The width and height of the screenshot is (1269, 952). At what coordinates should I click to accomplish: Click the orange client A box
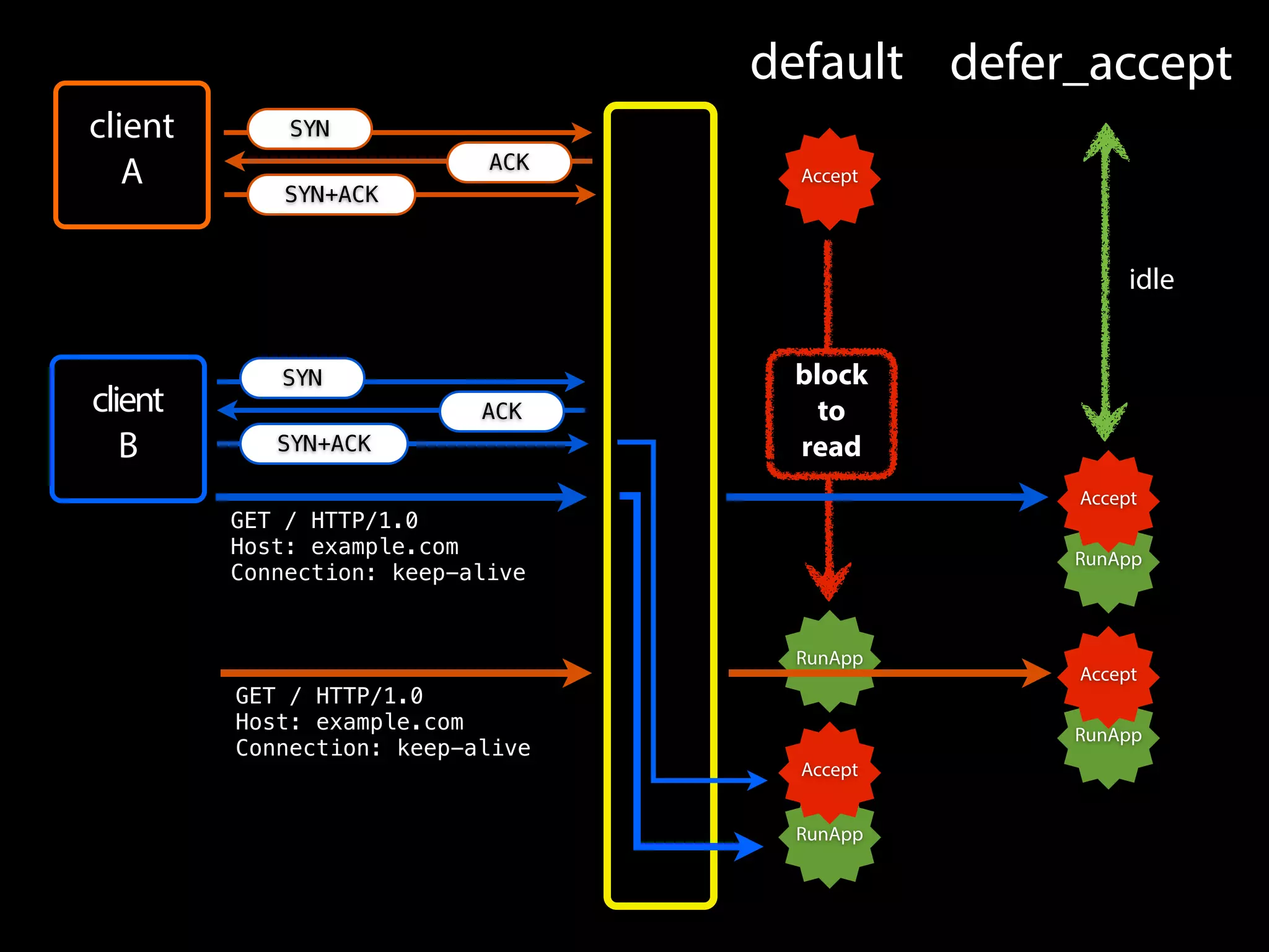(x=131, y=155)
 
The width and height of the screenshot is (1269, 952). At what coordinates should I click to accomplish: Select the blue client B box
(x=128, y=428)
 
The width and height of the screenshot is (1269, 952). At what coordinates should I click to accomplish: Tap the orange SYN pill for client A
(x=309, y=129)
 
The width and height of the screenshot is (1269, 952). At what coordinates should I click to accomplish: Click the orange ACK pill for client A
(x=509, y=162)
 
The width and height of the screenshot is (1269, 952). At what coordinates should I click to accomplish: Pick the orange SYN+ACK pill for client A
(x=331, y=195)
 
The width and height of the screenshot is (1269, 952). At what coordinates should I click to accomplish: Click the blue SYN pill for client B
(x=302, y=378)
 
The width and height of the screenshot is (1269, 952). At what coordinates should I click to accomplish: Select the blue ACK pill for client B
(x=501, y=412)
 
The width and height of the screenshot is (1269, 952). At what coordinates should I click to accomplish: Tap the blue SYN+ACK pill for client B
(x=323, y=444)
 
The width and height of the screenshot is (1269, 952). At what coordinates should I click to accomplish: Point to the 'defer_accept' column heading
(x=1091, y=63)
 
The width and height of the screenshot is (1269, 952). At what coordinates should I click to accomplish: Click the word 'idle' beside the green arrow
(x=1151, y=280)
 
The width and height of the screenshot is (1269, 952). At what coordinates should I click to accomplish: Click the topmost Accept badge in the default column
(x=829, y=177)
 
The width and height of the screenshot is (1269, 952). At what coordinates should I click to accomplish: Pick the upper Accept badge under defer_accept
(x=1108, y=498)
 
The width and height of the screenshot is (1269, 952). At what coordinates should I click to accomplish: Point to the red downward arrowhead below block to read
(x=828, y=580)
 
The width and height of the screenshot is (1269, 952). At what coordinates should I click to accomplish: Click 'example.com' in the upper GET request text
(x=384, y=547)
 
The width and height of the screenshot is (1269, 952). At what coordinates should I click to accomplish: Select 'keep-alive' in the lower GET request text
(x=463, y=748)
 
